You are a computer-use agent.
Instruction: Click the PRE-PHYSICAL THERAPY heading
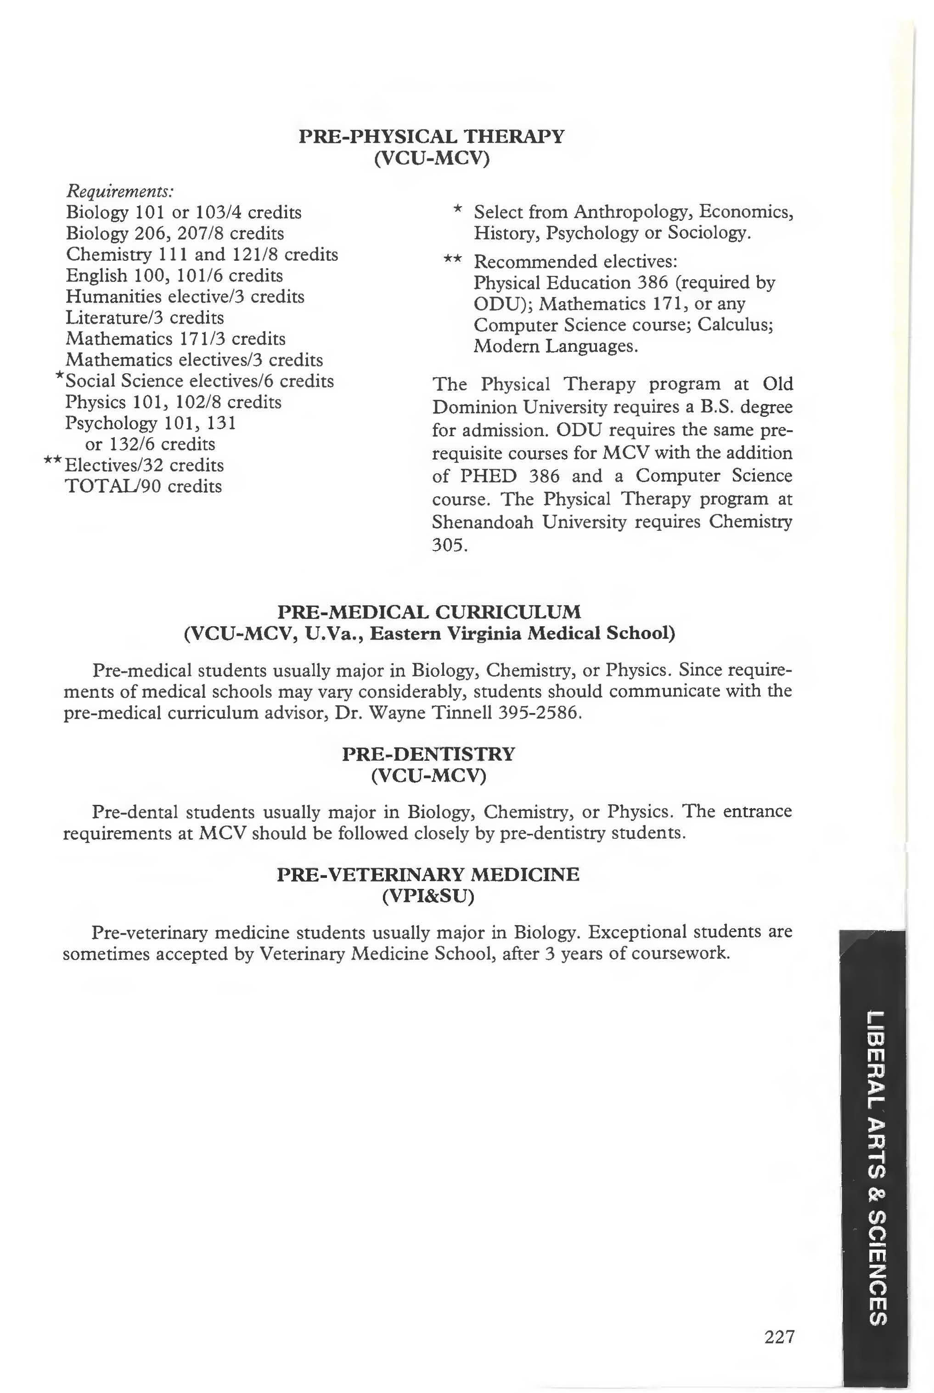point(431,136)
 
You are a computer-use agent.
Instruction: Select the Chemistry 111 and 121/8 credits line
point(202,254)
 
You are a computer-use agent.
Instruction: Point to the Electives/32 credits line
point(144,465)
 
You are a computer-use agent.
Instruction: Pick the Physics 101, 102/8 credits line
point(173,402)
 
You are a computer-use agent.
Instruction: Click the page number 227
point(779,1337)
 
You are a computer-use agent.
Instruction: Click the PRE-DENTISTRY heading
point(428,754)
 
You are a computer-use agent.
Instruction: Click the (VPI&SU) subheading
point(428,896)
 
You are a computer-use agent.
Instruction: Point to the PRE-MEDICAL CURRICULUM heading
point(429,612)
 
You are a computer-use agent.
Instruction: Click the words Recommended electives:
point(575,261)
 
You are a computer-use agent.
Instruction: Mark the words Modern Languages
point(555,346)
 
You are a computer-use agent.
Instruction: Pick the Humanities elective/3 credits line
point(185,297)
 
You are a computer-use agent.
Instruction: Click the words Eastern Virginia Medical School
point(522,633)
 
